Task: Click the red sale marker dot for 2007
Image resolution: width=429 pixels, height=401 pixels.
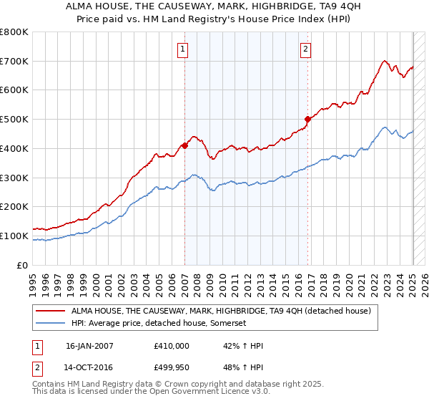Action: tap(184, 145)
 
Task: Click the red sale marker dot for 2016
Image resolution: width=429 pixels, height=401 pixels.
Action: tap(308, 120)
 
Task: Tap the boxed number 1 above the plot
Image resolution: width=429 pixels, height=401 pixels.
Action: tap(184, 49)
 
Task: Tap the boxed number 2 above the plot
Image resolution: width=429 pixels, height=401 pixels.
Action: tap(305, 49)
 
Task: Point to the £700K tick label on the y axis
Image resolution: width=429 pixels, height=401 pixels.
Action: tap(14, 62)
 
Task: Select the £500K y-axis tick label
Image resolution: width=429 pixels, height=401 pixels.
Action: tap(14, 120)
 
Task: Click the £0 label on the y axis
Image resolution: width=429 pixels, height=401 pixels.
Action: tap(23, 265)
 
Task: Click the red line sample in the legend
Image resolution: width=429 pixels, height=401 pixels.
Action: tap(51, 311)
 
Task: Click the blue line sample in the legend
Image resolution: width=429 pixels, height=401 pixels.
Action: tap(51, 324)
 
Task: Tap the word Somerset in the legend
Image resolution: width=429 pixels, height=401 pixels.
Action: tap(228, 324)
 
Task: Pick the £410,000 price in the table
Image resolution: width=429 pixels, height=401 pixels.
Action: tap(172, 345)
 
